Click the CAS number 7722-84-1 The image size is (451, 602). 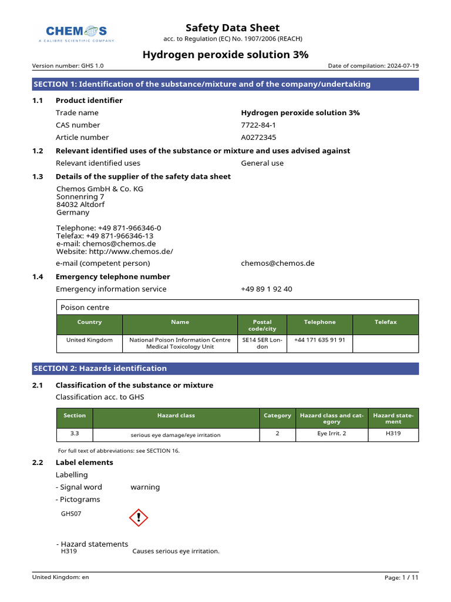pos(258,125)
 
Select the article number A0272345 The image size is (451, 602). pos(258,138)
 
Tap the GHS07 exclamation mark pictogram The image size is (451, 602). pos(139,517)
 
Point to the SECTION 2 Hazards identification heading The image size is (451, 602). pos(100,369)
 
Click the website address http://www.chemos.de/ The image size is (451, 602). pos(115,252)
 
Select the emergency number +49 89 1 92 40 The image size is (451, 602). pos(266,289)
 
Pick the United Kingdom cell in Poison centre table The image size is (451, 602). pos(89,340)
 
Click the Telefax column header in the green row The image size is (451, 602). pos(386,322)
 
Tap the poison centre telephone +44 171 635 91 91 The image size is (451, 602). pos(319,340)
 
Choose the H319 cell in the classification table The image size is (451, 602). pos(393,433)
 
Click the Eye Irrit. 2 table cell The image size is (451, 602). pos(331,433)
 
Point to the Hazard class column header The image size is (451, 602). pos(176,416)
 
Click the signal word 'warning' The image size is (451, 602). pos(145,487)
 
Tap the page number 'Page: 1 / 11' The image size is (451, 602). pos(401,578)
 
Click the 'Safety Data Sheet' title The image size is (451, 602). pos(233,28)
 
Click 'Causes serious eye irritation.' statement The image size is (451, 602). pos(176,551)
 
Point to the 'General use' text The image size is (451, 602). pos(262,163)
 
